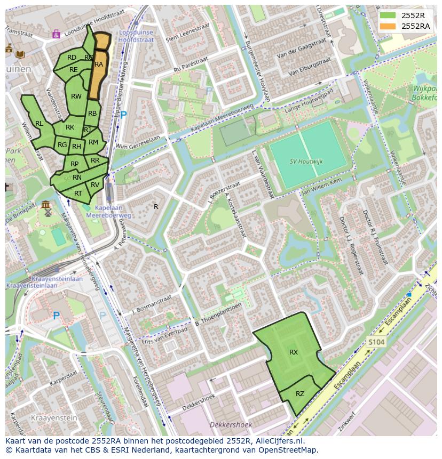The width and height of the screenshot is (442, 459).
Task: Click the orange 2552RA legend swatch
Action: coord(388,26)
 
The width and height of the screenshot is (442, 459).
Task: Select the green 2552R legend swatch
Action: coord(388,15)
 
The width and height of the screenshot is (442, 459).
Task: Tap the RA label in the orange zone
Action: coord(99,65)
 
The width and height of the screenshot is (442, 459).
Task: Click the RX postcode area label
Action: coord(294,352)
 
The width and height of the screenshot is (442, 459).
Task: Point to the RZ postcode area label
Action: coord(300,394)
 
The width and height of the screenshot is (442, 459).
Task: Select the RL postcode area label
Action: coord(39,124)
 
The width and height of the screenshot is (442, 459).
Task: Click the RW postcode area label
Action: coord(76,96)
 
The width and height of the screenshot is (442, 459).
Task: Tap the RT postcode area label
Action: coord(78,194)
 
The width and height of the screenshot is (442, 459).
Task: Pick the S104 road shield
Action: coord(376,342)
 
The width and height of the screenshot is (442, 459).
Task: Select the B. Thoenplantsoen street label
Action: coord(218,314)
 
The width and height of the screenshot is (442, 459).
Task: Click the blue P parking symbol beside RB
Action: coord(124,115)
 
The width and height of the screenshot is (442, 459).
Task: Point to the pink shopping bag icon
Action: coord(56,34)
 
